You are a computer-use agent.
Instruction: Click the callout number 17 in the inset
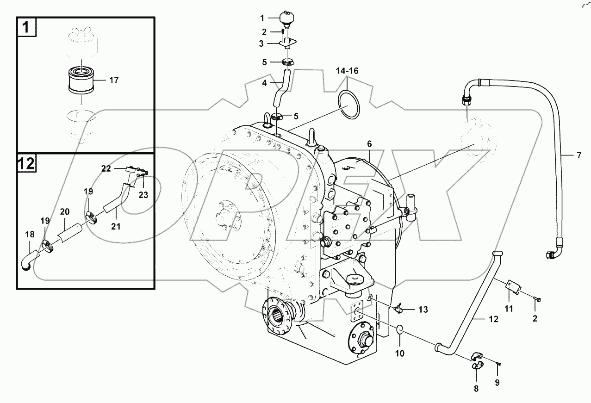114,81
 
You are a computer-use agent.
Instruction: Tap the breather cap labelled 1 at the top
286,19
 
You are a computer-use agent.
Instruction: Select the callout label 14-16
348,71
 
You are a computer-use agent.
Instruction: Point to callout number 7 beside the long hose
579,155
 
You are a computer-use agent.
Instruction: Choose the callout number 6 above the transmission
369,144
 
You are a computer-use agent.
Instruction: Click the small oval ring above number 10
400,330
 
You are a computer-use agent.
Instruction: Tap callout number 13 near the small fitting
423,309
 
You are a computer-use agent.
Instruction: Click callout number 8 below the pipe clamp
476,389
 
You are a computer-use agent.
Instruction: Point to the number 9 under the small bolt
498,383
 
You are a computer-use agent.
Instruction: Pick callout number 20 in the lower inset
65,211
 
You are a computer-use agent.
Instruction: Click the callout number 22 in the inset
106,169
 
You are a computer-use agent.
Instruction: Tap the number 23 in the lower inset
143,195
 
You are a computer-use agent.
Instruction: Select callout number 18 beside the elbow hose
30,235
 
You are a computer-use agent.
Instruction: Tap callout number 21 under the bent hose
115,226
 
